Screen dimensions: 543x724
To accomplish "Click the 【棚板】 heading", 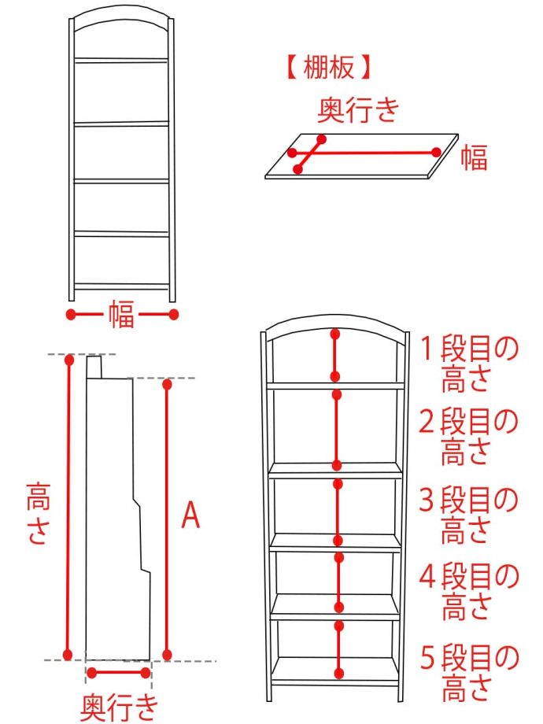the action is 329,68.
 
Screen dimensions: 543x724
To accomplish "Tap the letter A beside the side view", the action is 190,515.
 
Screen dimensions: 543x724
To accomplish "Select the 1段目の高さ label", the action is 468,364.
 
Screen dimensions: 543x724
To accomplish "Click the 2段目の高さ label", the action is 467,436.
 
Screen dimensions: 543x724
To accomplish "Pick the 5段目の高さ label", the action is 468,673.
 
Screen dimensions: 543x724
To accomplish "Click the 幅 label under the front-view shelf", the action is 121,315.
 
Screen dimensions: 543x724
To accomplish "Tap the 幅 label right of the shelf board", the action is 475,158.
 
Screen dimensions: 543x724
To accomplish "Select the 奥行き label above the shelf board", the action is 358,110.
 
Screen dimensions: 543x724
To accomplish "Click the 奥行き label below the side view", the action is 119,707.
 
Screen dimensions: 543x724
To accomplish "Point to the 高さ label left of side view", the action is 38,513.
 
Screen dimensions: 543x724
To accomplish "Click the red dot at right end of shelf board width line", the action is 436,152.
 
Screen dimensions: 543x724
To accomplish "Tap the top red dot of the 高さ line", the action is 69,360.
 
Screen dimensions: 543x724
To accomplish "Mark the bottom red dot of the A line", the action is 167,655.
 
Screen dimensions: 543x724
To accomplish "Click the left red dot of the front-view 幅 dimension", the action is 71,315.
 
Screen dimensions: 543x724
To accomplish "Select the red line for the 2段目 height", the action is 337,430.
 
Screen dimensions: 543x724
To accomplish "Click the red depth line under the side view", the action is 119,672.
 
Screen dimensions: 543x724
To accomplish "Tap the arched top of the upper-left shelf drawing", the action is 121,18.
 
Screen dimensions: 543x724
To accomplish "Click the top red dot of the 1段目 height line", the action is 336,334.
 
